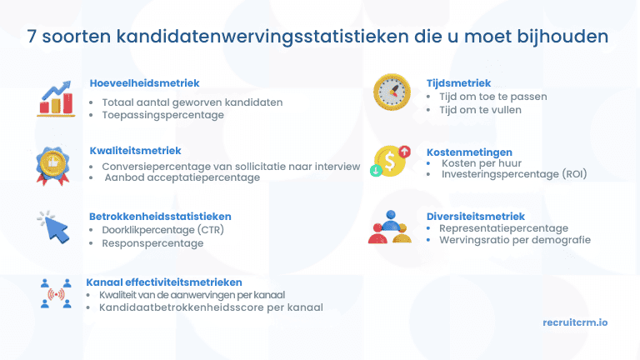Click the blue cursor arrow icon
coord(53,227)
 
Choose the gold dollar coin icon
coord(390,160)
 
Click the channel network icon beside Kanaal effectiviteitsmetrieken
coord(57,292)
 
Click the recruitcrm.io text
coord(574,322)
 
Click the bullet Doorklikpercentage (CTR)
coord(162,230)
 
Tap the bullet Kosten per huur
coord(482,164)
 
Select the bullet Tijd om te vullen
coord(481,110)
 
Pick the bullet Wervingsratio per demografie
coord(514,240)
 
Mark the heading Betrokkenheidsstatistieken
coord(160,217)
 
